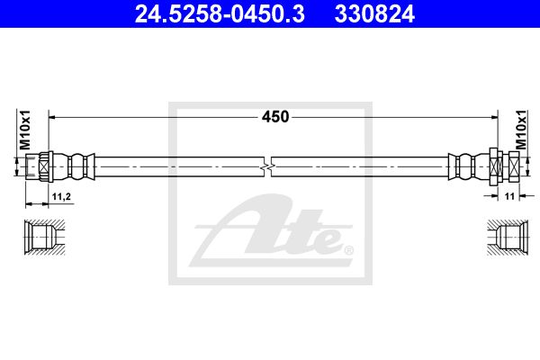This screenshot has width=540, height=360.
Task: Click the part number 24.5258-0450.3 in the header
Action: (x=220, y=13)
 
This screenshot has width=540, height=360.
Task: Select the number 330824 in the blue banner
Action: (x=374, y=13)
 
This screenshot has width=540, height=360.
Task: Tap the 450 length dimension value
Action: (x=275, y=117)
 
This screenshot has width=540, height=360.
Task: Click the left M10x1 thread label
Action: (x=25, y=130)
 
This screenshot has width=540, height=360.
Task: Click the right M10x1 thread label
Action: (x=521, y=130)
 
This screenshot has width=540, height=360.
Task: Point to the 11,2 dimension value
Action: (x=61, y=197)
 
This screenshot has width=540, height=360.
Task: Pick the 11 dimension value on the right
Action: (x=509, y=196)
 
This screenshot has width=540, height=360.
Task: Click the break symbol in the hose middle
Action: (x=267, y=167)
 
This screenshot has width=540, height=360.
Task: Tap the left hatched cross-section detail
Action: (x=44, y=237)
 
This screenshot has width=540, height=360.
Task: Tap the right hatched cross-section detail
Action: (x=508, y=237)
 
